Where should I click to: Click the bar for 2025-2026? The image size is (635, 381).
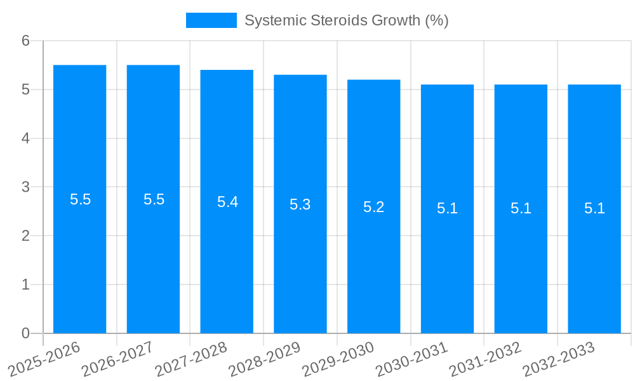point(79,254)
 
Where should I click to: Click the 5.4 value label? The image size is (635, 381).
point(227,202)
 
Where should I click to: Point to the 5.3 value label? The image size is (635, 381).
point(300,204)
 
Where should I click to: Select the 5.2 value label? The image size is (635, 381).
point(373,207)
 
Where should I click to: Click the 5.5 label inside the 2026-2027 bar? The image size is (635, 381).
point(154,199)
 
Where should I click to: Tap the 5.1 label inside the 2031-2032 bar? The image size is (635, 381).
point(521,208)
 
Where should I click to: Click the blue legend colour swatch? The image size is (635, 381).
point(211,20)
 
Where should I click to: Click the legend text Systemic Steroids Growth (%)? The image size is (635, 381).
point(346,20)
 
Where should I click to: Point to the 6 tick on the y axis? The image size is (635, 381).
point(25,41)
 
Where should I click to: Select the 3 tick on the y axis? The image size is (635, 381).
point(25,187)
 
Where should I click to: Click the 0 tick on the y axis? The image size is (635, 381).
point(25,333)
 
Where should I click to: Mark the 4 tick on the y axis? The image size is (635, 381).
point(25,138)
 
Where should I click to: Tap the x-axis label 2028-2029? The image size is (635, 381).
point(264,359)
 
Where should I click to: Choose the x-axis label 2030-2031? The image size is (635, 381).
point(411,359)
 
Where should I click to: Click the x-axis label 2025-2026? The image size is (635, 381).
point(44,359)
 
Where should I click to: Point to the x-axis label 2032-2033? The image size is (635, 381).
point(558,359)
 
